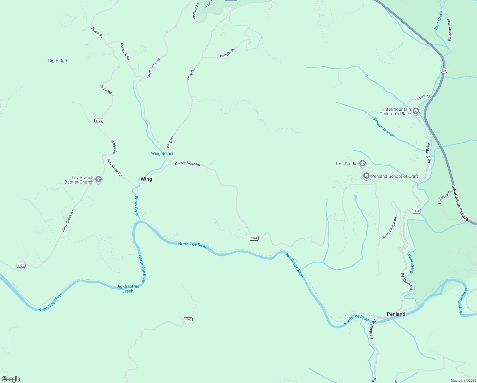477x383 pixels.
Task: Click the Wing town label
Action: click(146, 179)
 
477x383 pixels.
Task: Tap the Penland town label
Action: click(396, 314)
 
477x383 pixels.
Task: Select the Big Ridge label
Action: click(57, 60)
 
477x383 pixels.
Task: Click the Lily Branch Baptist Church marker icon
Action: click(99, 179)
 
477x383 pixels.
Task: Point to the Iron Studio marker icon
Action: click(362, 163)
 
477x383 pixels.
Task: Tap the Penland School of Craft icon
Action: click(366, 176)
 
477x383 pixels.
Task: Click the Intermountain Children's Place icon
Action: click(415, 111)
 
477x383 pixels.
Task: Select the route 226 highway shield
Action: click(444, 70)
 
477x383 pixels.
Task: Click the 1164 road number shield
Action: click(254, 238)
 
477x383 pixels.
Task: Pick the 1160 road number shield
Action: click(188, 319)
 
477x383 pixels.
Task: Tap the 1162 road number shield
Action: click(416, 211)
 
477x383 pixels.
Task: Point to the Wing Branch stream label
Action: click(163, 154)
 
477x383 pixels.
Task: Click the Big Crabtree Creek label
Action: click(128, 289)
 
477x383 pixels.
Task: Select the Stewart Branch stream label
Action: click(383, 127)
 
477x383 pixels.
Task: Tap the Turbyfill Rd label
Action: click(227, 53)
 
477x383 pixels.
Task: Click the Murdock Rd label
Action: click(125, 51)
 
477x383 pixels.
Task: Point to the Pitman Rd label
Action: click(422, 97)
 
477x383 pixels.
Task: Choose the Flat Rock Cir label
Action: click(445, 197)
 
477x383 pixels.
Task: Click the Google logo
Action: click(11, 379)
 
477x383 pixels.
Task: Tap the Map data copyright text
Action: click(463, 380)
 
